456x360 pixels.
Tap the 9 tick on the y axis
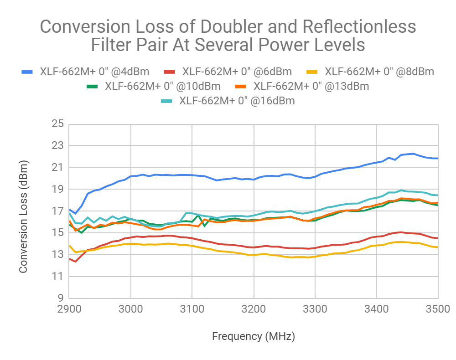(59, 298)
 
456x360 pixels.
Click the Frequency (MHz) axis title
(254, 337)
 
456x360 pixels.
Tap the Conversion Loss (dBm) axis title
(24, 211)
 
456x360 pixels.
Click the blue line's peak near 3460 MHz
(413, 154)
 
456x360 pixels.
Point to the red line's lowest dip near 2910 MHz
(75, 262)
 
